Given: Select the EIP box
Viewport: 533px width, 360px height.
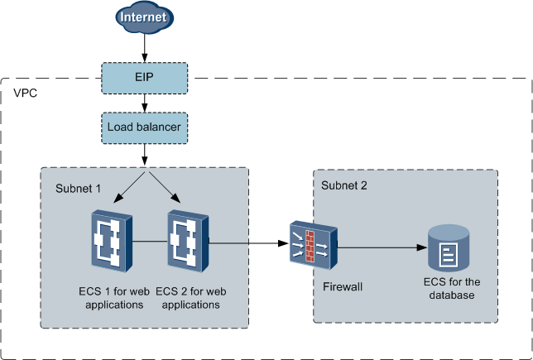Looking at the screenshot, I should pos(146,77).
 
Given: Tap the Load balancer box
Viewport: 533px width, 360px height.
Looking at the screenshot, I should pos(146,128).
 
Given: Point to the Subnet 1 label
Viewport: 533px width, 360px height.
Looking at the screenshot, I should pos(78,189).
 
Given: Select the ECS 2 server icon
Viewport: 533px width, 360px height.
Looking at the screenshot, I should pos(188,242).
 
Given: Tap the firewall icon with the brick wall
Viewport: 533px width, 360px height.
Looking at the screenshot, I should pos(311,245).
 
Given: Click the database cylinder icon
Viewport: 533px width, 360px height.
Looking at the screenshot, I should pos(448,248).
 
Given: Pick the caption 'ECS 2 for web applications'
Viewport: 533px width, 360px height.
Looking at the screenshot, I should pos(188,297).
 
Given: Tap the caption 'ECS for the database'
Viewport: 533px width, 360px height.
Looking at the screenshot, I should pos(448,288).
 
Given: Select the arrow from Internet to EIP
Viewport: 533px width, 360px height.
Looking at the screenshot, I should pos(146,47).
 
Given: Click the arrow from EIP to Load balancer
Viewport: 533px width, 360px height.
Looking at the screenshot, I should pos(146,103).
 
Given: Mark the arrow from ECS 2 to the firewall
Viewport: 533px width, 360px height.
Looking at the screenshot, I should pos(248,243).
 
